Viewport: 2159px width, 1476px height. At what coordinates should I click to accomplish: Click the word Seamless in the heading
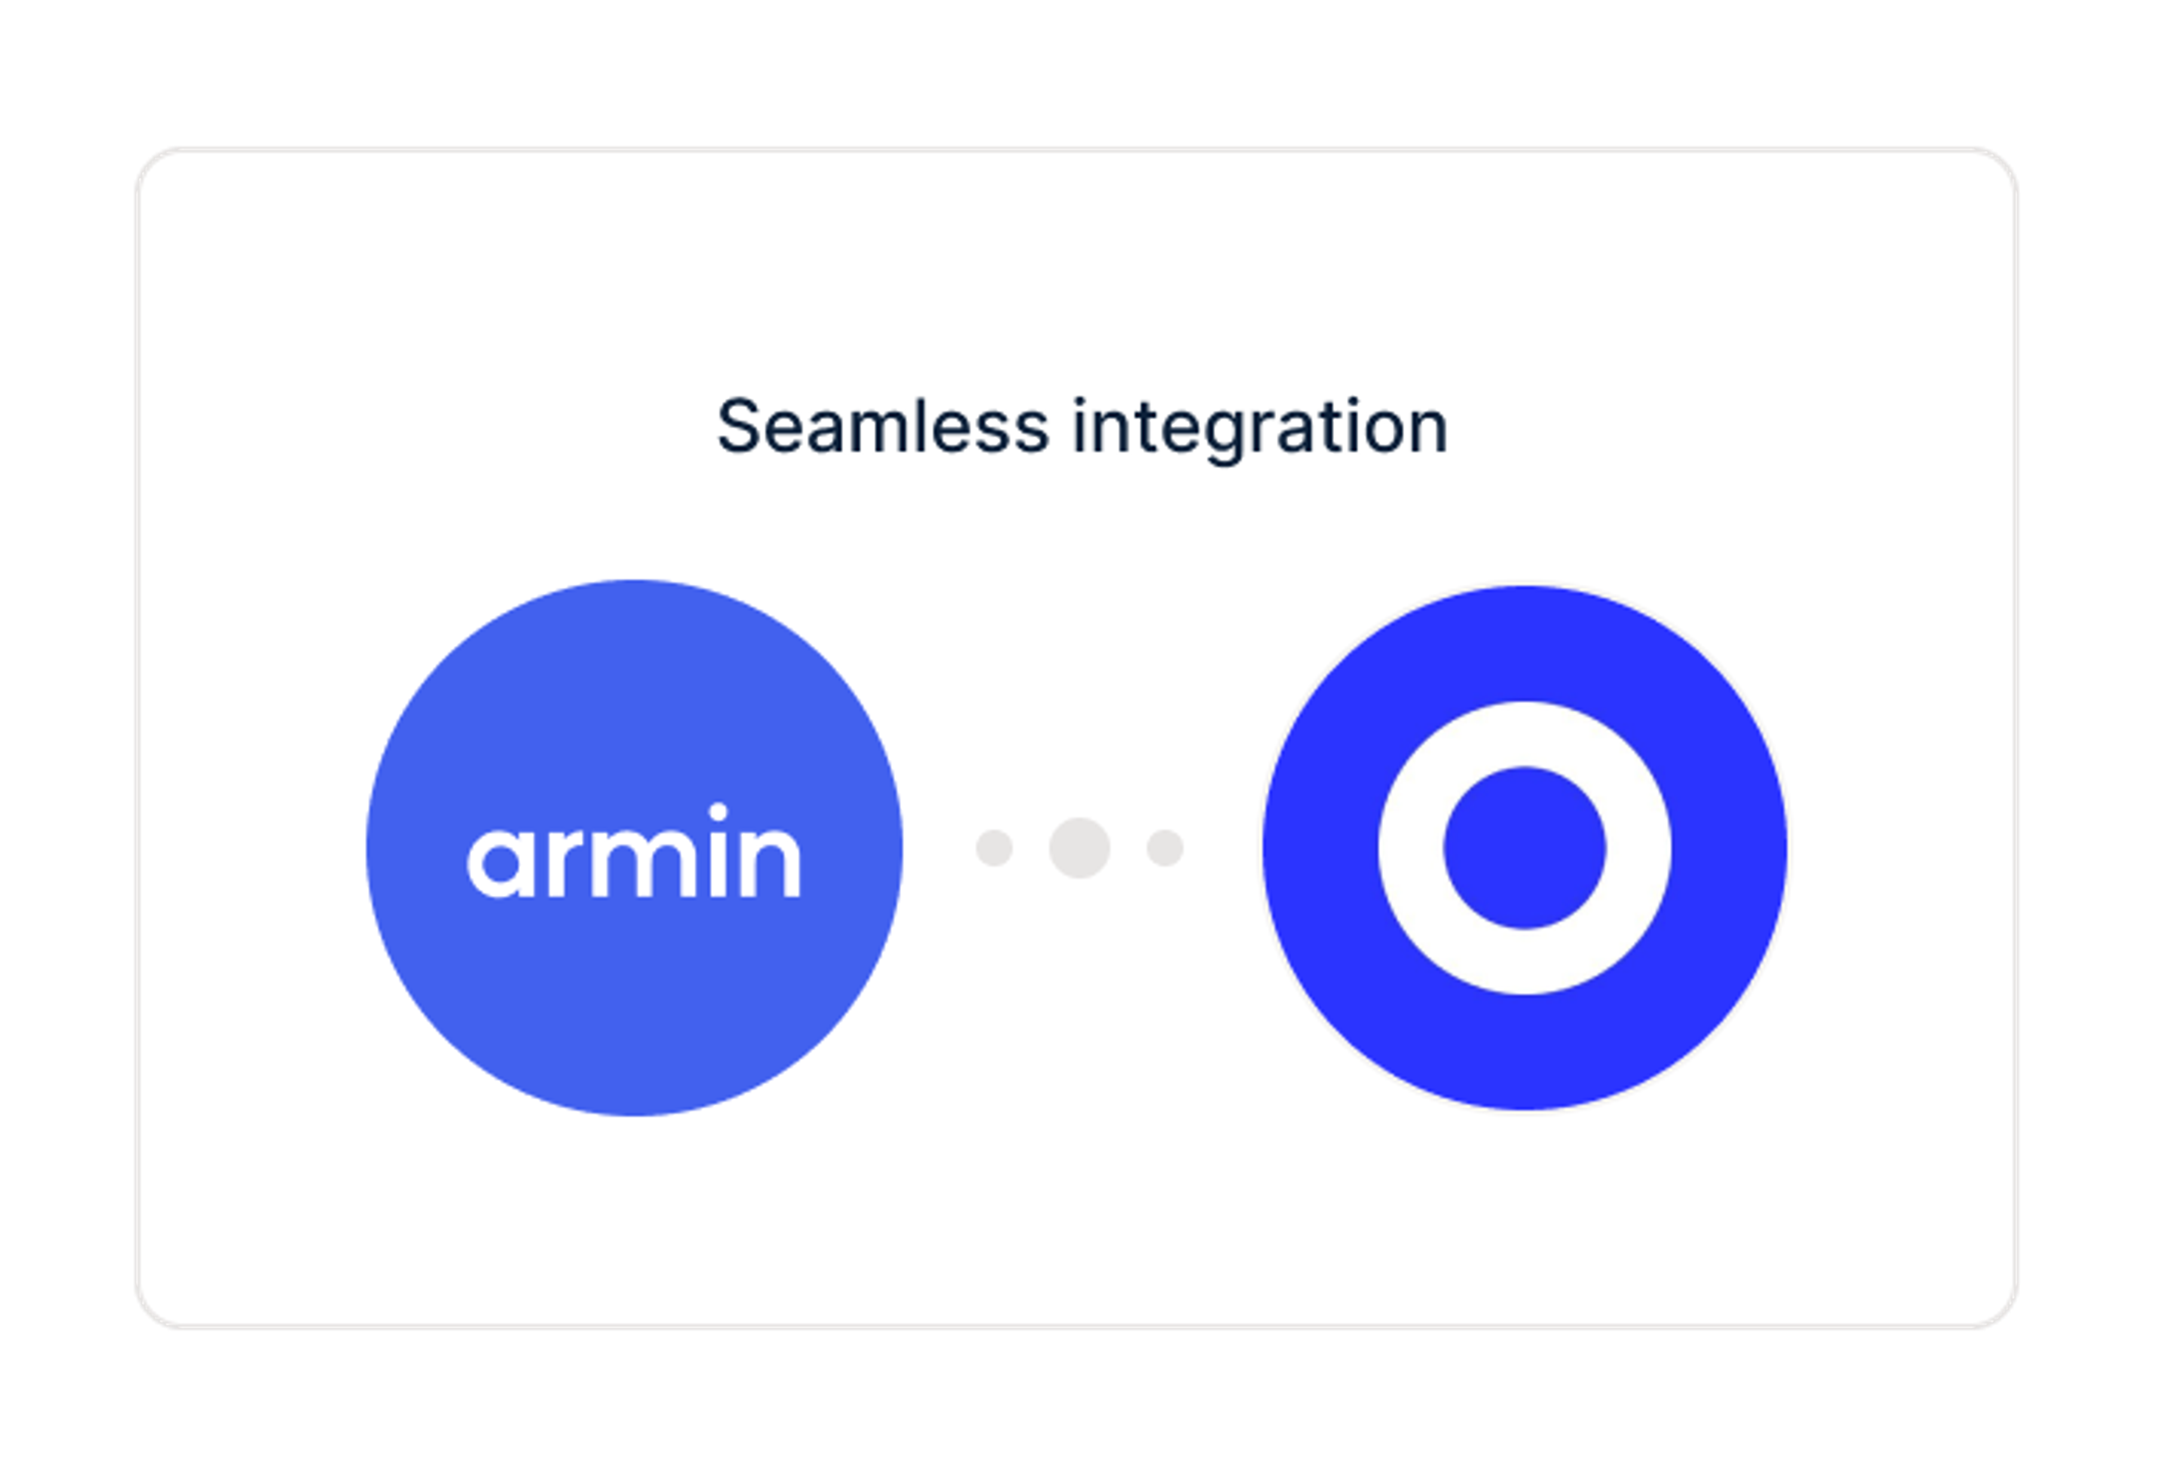point(883,427)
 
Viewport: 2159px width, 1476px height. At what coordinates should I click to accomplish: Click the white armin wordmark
point(634,851)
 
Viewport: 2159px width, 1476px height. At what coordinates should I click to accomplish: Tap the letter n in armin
point(769,863)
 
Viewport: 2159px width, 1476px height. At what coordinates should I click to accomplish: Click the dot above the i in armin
point(717,812)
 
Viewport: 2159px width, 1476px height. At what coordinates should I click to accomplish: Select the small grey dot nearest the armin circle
point(994,847)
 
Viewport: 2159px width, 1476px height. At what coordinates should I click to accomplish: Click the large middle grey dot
point(1079,847)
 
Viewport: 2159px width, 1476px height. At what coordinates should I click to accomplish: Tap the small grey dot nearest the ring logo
point(1165,847)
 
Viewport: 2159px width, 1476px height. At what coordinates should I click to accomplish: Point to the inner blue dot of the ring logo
point(1524,847)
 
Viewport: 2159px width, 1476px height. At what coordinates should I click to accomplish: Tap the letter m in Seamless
point(880,434)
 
